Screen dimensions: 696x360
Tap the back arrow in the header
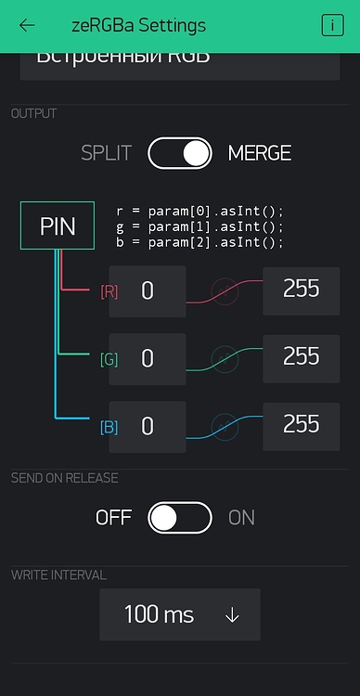(27, 25)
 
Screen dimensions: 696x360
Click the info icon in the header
(331, 25)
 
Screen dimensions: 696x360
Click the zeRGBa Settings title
(138, 25)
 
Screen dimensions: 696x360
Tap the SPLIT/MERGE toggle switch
(180, 153)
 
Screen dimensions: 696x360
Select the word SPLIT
(106, 153)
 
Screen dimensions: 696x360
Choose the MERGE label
(260, 153)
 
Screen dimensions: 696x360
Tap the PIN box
(58, 226)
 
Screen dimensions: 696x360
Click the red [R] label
(109, 291)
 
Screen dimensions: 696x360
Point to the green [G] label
(109, 359)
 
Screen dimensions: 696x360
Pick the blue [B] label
(109, 428)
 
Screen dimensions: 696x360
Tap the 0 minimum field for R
(148, 291)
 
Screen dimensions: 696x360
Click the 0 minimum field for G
(148, 359)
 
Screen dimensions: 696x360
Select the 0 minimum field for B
(148, 428)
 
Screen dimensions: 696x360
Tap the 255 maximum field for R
(302, 289)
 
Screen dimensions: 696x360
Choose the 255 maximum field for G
(302, 356)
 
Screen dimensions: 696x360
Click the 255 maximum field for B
(302, 424)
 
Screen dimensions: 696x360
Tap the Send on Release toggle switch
(180, 517)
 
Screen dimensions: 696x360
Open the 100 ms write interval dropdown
(180, 614)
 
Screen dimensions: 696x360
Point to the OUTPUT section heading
(33, 113)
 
